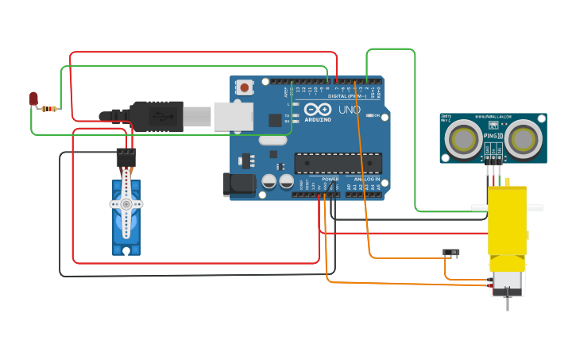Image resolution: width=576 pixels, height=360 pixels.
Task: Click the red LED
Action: click(x=33, y=99)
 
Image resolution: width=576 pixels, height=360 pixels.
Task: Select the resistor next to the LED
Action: click(x=50, y=109)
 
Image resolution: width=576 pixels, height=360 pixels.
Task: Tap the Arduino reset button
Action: click(x=245, y=87)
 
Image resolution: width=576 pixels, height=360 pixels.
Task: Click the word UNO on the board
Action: click(x=350, y=110)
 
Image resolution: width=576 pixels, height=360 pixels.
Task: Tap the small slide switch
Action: click(x=451, y=253)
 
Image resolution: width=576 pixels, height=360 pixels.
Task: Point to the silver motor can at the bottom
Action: click(x=507, y=280)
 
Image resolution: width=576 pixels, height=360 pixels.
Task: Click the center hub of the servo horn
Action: click(x=126, y=204)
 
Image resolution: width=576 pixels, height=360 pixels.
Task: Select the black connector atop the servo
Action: click(x=126, y=157)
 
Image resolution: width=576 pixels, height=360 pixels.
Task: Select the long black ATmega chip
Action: click(x=338, y=163)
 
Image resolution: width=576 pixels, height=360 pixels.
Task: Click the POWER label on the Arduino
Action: click(x=330, y=180)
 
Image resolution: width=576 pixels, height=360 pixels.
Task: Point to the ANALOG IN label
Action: click(x=366, y=180)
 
